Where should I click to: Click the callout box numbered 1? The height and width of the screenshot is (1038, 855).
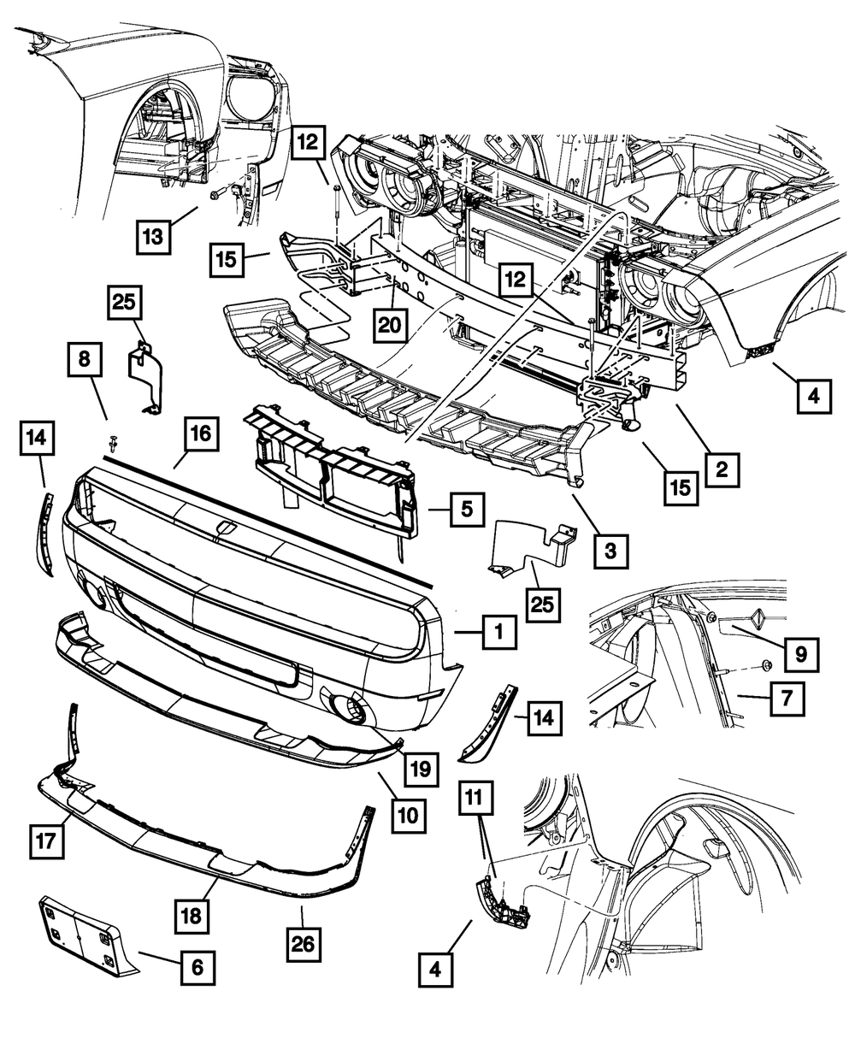tap(498, 634)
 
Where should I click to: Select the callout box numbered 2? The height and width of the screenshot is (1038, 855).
tap(723, 469)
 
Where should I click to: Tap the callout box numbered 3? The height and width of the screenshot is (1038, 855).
tap(610, 551)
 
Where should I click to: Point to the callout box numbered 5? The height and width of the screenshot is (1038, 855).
tap(466, 510)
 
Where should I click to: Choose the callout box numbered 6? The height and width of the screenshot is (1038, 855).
tap(198, 968)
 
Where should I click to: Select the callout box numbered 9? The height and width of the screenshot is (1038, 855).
tap(800, 654)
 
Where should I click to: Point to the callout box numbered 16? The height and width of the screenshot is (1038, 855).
tap(199, 434)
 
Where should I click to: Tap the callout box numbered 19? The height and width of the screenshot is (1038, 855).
tap(422, 769)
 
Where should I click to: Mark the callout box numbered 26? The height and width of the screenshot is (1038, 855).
tap(304, 943)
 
